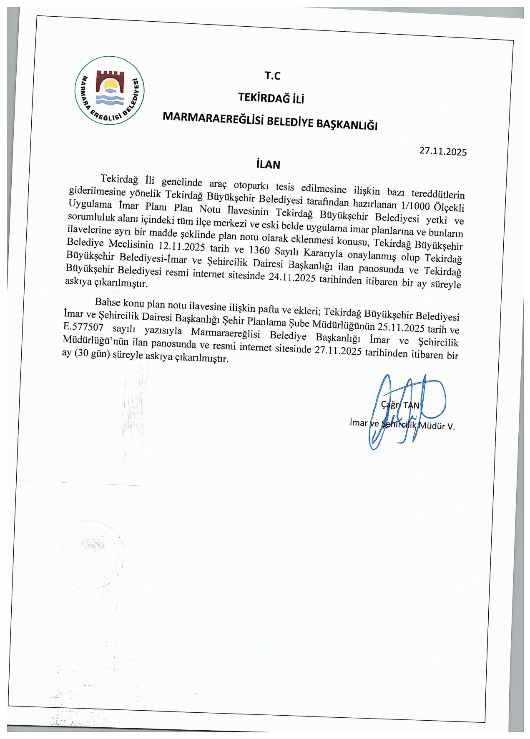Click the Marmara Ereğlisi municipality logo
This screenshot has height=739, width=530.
coord(109,90)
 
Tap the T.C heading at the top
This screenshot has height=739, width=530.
coord(272,75)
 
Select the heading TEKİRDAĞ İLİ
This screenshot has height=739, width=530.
coord(271,98)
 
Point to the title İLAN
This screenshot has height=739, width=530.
coord(269,165)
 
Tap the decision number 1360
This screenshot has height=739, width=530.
coord(259,249)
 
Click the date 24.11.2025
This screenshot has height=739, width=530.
coord(291,277)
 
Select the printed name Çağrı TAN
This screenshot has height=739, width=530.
coord(400,405)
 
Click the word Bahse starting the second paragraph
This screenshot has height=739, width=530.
coord(108,302)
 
